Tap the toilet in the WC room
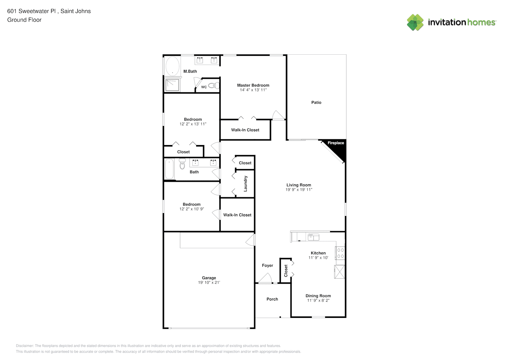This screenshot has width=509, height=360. click(x=213, y=86)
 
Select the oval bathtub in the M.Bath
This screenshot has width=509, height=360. click(x=172, y=66)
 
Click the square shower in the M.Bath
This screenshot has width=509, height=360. click(x=172, y=85)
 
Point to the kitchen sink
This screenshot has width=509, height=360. click(x=313, y=237)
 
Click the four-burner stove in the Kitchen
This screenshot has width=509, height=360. click(x=340, y=253)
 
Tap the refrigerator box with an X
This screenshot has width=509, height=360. click(x=339, y=271)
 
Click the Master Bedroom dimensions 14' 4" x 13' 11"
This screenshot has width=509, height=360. click(x=253, y=90)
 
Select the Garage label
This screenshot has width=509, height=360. click(x=209, y=278)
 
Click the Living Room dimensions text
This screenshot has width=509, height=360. click(x=299, y=190)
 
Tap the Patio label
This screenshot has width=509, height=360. click(x=316, y=103)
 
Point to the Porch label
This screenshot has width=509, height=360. click(x=272, y=299)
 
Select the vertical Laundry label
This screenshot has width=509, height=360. click(x=245, y=184)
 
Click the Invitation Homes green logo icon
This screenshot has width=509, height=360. click(x=415, y=22)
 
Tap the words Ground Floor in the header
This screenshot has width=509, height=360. click(x=24, y=20)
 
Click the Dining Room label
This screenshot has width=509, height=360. click(x=318, y=296)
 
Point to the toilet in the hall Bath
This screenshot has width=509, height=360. click(x=182, y=164)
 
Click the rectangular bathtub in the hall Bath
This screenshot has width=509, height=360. click(x=169, y=169)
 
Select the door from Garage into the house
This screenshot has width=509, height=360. click(x=251, y=240)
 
